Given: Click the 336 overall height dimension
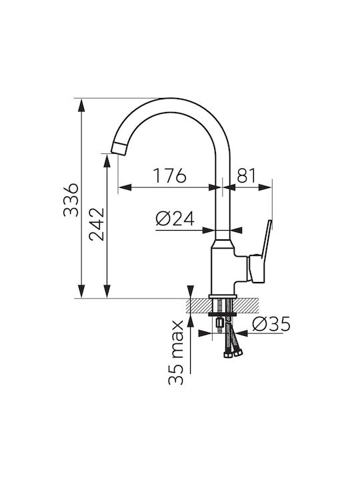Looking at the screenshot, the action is [x=71, y=200].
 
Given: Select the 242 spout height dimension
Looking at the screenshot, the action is [x=97, y=225].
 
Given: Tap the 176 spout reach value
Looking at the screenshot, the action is [x=169, y=175].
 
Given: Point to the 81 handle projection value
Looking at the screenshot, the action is [x=246, y=175].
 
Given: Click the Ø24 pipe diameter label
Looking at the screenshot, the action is [x=175, y=219].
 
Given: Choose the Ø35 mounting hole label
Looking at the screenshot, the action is [x=271, y=324].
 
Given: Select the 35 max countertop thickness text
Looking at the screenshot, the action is [x=176, y=353].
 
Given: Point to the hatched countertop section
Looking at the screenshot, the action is [x=223, y=305].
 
